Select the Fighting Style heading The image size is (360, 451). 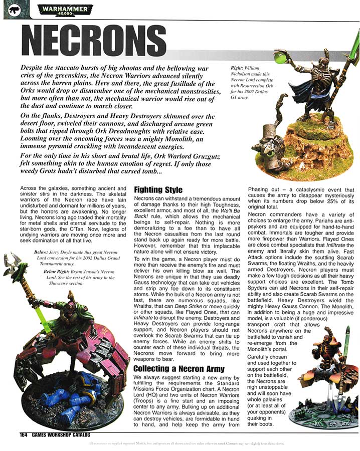point(158,190)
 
